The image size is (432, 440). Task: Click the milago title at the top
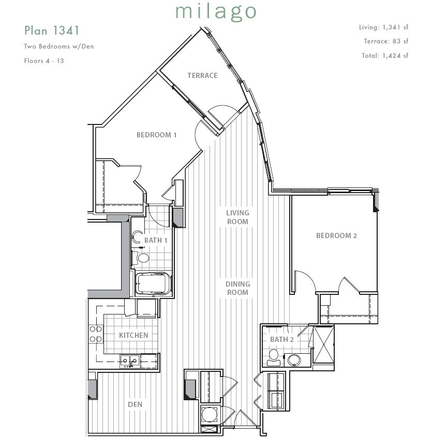coord(216,11)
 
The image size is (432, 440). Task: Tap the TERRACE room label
coord(202,75)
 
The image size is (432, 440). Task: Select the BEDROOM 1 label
coord(156,135)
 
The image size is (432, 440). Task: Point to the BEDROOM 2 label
coord(336,235)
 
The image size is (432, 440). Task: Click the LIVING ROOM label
coord(237,217)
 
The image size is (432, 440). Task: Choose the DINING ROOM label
coord(237,288)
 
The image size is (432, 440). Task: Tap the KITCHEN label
coord(133,335)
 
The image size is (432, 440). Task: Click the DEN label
coord(135,404)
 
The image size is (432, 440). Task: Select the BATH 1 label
coord(156,240)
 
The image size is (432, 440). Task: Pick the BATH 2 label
coord(281,339)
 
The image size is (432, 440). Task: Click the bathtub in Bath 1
coord(153,284)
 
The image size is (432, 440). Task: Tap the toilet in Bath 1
coord(142,257)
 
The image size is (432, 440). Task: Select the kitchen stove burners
coord(96,334)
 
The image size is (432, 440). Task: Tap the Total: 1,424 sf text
coord(384,55)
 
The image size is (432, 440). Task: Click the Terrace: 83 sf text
coord(385,41)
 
